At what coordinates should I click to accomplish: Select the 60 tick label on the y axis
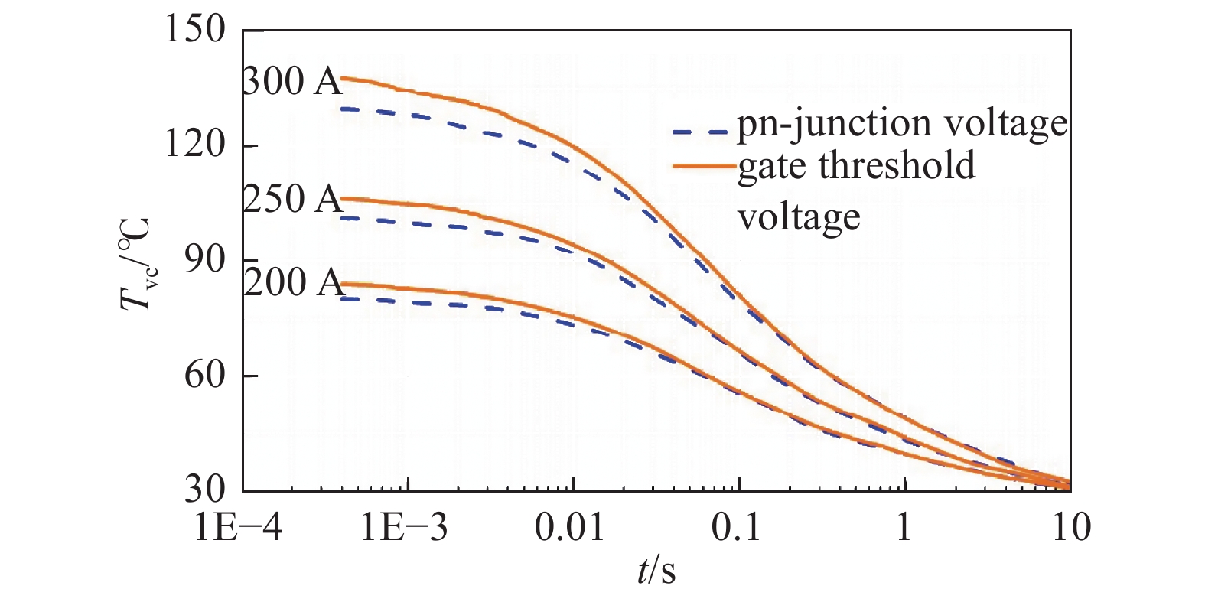pos(205,375)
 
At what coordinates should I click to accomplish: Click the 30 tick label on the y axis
pos(205,490)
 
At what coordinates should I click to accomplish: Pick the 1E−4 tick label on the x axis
pos(239,528)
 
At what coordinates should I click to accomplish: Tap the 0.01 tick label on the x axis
pos(569,528)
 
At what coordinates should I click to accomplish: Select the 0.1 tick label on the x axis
pos(737,528)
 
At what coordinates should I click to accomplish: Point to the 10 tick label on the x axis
pos(1070,528)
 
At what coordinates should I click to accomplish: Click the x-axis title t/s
pos(656,571)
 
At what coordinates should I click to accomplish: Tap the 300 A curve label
pos(292,81)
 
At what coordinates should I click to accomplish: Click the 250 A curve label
pos(292,199)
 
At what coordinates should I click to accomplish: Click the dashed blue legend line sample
pos(699,132)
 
